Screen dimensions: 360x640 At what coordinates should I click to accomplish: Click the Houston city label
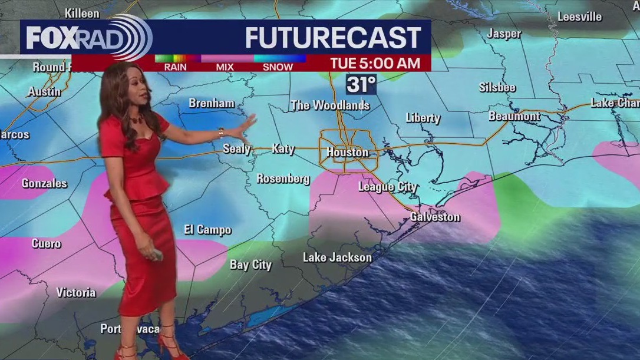pos(347,152)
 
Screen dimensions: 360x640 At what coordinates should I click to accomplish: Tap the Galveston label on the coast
pos(435,217)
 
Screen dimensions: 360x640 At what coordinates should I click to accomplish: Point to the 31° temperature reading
pos(360,85)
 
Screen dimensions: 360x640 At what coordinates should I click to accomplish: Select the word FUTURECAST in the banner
pos(333,38)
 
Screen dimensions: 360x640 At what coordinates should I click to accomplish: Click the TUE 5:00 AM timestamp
pos(375,63)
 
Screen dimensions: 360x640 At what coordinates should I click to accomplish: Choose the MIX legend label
pos(225,67)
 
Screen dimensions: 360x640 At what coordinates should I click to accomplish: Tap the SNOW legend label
pos(278,67)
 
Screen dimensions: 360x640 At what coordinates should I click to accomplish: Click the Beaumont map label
pos(514,116)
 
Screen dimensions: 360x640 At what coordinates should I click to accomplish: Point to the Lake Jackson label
pos(337,257)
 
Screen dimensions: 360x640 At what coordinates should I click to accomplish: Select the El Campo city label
pos(207,230)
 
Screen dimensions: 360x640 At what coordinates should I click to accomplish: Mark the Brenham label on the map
pos(212,103)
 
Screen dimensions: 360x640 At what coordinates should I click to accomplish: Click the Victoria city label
pos(76,292)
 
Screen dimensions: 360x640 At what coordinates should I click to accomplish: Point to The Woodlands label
pos(330,105)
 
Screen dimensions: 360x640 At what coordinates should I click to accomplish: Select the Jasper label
pos(504,34)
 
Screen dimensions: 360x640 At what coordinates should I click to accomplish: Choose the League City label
pos(388,187)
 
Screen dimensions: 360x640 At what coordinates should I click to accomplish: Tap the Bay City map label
pos(250,265)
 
